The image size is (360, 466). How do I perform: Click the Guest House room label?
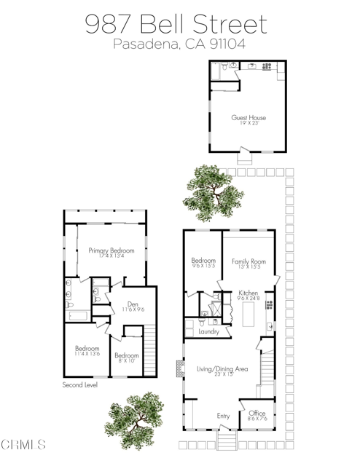[249, 117]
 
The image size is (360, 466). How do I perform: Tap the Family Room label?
[249, 261]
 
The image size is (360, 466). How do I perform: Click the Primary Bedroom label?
[111, 250]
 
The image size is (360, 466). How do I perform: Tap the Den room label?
[132, 304]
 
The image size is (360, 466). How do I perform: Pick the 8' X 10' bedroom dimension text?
[125, 360]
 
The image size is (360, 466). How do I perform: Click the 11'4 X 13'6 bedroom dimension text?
[86, 354]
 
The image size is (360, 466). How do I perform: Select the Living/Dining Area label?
[222, 369]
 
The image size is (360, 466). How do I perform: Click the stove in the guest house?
[267, 67]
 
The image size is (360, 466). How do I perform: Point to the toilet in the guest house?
[231, 66]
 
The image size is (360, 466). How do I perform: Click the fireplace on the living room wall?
[179, 370]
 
